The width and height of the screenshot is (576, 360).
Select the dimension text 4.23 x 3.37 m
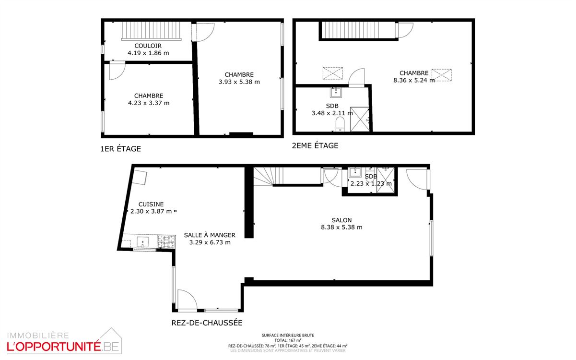point(148,103)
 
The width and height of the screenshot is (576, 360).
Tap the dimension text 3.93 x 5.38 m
point(239,82)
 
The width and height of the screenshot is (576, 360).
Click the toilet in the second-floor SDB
point(340,123)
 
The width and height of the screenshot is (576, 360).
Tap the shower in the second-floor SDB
point(360,119)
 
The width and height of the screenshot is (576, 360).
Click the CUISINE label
point(151,204)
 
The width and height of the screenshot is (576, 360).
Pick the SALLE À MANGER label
point(210,235)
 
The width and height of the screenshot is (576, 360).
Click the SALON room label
point(341,220)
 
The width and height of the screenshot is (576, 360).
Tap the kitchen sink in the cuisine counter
point(143,241)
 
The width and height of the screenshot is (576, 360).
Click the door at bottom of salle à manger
point(187,301)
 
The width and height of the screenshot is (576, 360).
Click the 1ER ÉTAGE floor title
point(120,149)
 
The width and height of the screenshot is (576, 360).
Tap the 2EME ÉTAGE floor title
point(315,145)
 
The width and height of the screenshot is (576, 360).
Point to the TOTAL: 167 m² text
point(288,340)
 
